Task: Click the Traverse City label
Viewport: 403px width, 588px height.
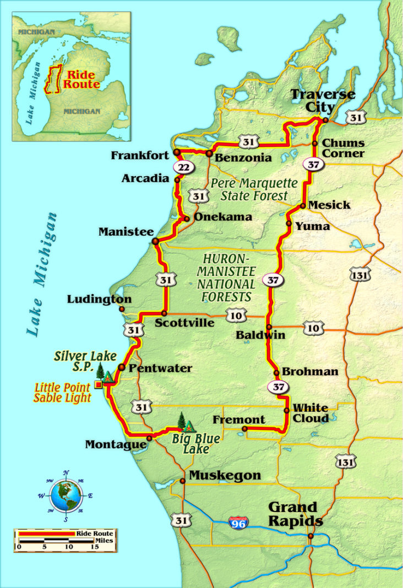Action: coord(323,100)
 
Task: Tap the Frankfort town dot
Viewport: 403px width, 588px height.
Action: coord(177,152)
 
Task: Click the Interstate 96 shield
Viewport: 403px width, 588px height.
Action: coord(239,522)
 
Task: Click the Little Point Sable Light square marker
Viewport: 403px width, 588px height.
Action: coord(98,384)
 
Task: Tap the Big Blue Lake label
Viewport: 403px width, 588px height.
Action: coord(195,444)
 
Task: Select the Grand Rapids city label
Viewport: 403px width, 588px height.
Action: coord(292,514)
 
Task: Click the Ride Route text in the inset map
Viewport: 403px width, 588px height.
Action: coord(81,80)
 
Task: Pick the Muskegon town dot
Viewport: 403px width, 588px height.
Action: coord(182,481)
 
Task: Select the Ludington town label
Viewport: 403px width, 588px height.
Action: coord(100,300)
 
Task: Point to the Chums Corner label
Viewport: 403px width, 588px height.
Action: coord(343,148)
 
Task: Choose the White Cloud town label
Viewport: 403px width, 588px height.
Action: coord(311,413)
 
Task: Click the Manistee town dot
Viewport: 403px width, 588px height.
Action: coord(156,241)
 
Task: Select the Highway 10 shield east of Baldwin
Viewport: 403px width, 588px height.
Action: coord(313,329)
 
